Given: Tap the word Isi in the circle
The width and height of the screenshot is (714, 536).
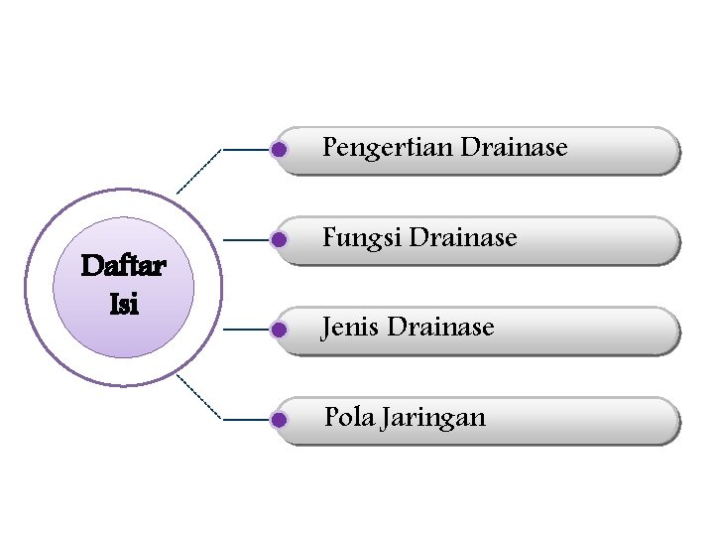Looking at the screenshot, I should [x=124, y=304].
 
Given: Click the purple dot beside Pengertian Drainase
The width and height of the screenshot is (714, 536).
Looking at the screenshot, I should [x=279, y=150].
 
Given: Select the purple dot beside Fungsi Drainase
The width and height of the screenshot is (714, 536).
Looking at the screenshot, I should [x=279, y=240].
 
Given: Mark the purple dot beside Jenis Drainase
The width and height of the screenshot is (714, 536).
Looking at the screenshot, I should [x=279, y=329].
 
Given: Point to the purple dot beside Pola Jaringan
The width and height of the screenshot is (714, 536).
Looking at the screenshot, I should [x=279, y=420].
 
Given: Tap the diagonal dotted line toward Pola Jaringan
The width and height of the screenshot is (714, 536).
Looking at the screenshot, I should [x=199, y=398].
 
